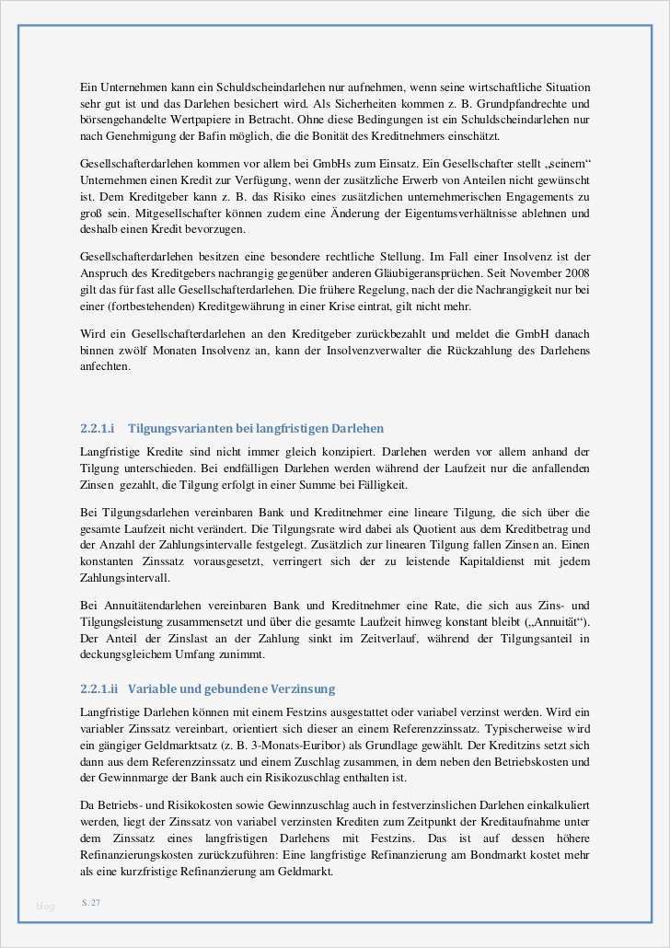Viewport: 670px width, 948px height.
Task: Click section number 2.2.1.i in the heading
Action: pos(97,429)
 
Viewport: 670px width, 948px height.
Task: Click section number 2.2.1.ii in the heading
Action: pos(99,688)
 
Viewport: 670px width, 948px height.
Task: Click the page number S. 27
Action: pos(90,903)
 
